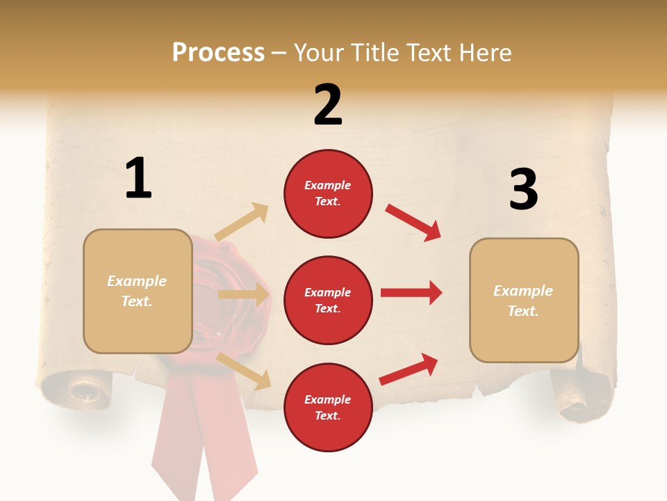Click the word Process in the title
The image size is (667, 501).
click(218, 53)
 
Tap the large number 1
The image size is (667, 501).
click(138, 178)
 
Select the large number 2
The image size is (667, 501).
click(328, 105)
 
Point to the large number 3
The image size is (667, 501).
click(523, 189)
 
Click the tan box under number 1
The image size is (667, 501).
click(138, 291)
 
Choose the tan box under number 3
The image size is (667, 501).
click(524, 300)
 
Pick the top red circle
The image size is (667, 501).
click(328, 193)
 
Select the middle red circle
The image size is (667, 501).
click(328, 300)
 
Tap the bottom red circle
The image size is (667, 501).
click(328, 407)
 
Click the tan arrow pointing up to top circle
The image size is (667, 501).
click(242, 221)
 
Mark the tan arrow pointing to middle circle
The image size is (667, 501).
click(243, 294)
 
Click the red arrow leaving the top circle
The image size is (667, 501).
click(413, 222)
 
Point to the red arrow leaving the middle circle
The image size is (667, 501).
click(411, 292)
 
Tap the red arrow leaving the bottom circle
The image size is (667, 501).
click(409, 369)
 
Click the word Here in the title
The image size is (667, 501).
click(484, 53)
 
